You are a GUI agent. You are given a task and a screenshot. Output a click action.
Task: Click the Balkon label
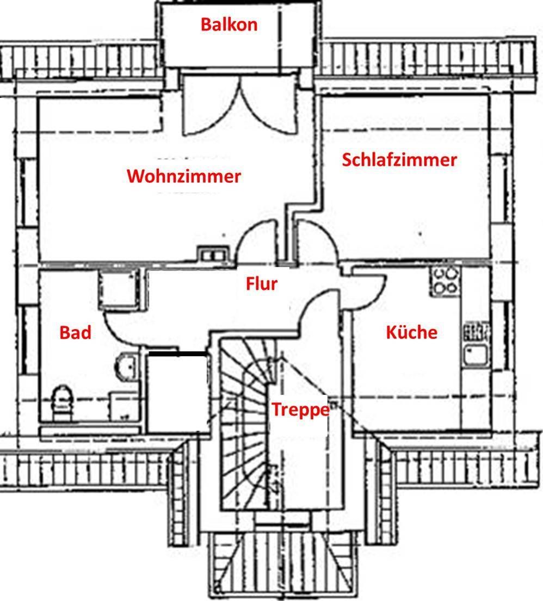(x=229, y=24)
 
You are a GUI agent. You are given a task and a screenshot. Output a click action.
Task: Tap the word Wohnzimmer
(x=183, y=176)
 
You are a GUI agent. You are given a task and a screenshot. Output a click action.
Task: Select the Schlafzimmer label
(x=399, y=160)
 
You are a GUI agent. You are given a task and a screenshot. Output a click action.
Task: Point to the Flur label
(x=261, y=283)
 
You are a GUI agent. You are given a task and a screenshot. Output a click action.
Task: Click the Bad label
(x=75, y=332)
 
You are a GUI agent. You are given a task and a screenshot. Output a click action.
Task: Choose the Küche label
(x=411, y=332)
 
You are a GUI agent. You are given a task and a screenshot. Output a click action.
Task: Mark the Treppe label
(x=300, y=409)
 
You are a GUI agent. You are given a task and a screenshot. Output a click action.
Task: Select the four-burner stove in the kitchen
(x=445, y=281)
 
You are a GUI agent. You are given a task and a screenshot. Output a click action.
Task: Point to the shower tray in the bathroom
(x=118, y=290)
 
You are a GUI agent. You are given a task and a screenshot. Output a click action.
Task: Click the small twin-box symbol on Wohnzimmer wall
(x=212, y=253)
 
